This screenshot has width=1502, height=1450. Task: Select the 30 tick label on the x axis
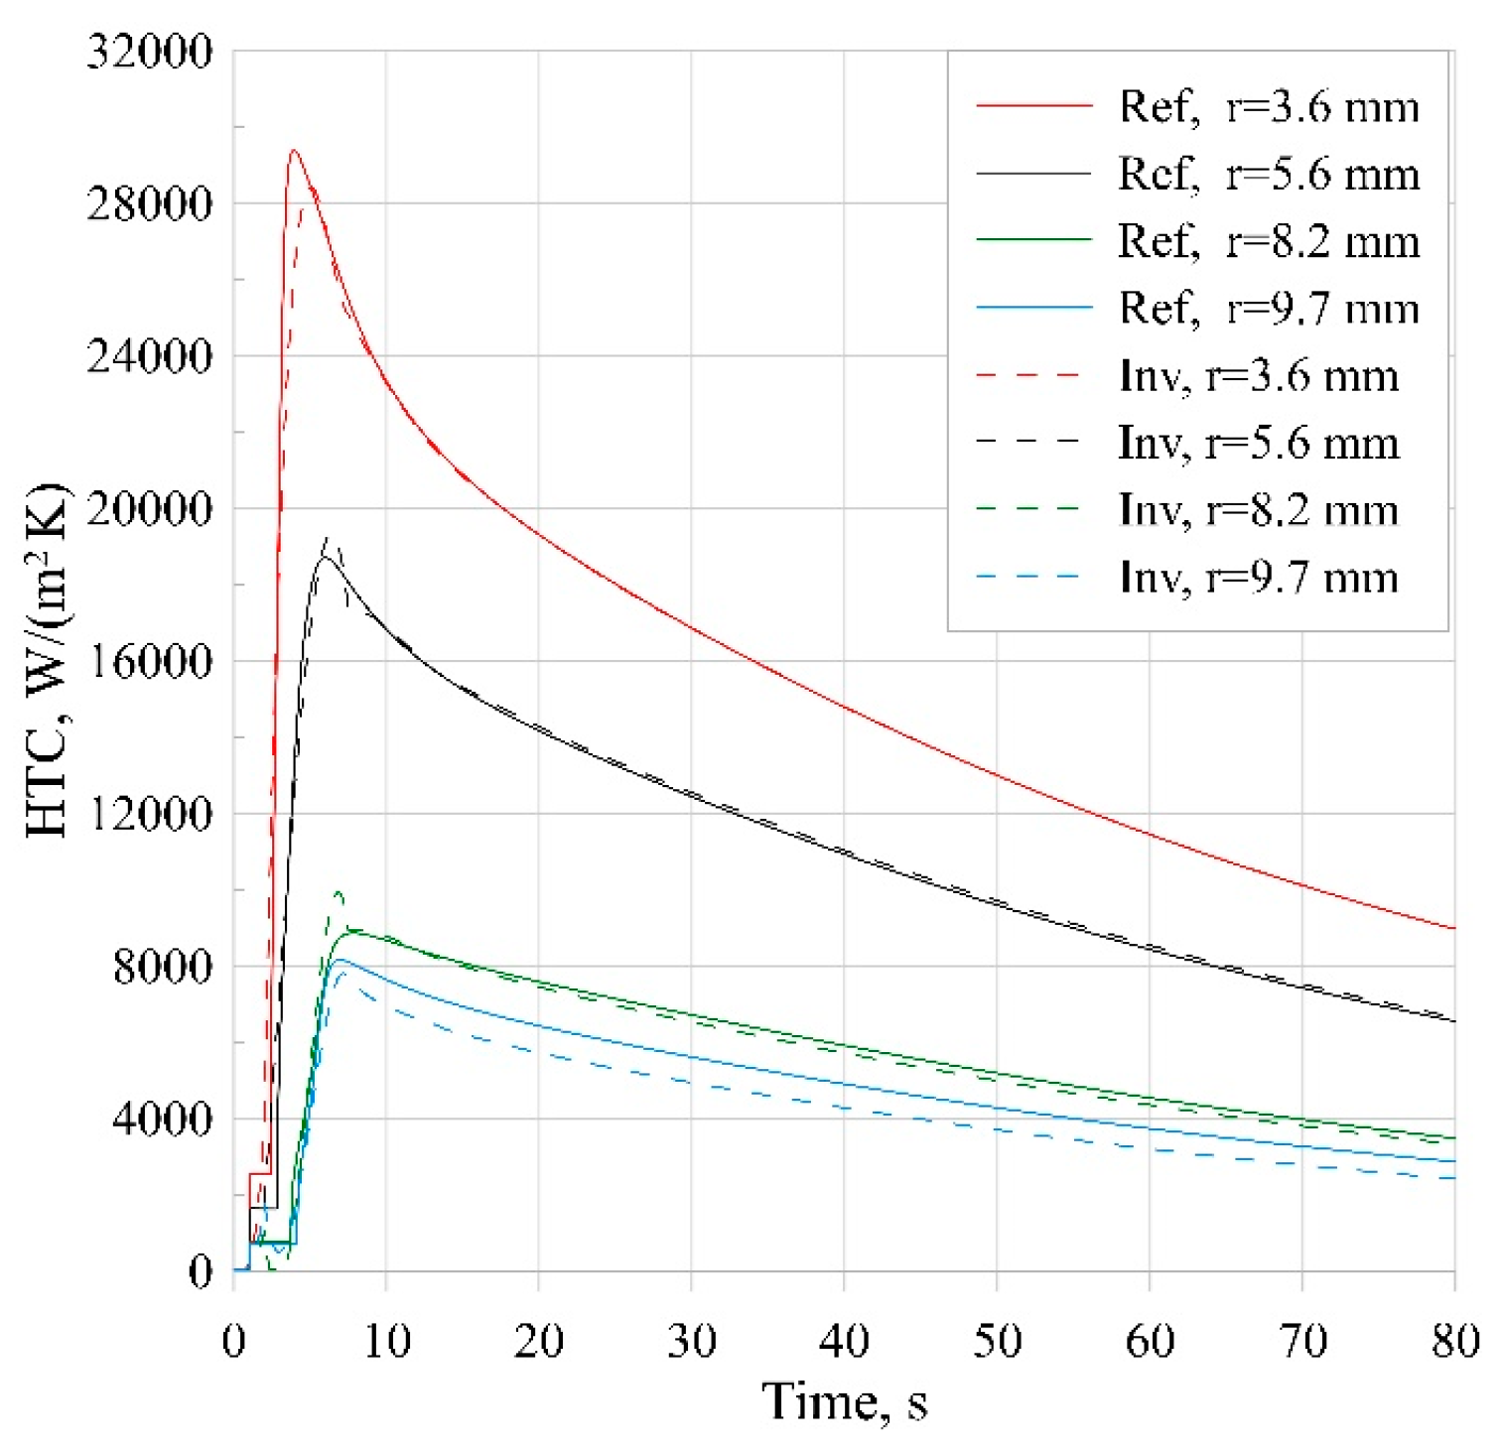(692, 1341)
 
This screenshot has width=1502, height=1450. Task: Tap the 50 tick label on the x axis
(997, 1341)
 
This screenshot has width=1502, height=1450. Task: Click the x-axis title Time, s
(845, 1402)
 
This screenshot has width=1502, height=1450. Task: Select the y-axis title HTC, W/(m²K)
(47, 660)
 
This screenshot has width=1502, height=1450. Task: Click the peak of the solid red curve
(294, 151)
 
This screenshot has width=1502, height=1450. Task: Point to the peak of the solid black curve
(325, 558)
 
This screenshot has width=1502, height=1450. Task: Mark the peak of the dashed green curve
(339, 892)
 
